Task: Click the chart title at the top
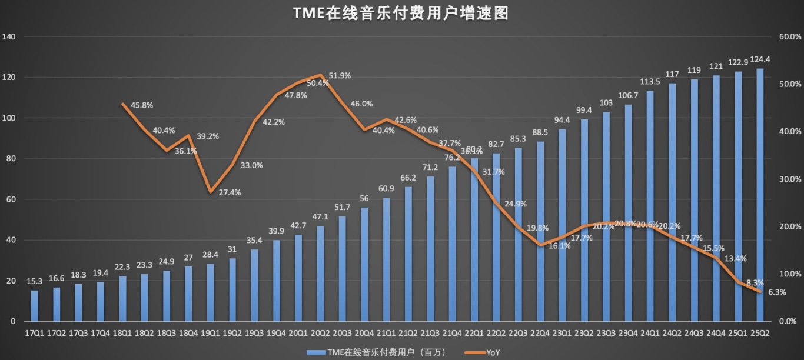click(x=401, y=14)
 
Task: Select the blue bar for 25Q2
click(x=760, y=195)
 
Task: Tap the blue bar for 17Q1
click(x=34, y=306)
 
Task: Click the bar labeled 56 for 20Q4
click(x=364, y=264)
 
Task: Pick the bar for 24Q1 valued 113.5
click(x=650, y=206)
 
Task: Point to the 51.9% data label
click(x=340, y=75)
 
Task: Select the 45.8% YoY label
click(x=141, y=105)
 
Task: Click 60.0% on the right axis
click(x=790, y=36)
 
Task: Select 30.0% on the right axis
click(x=790, y=179)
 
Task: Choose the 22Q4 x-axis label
click(x=540, y=333)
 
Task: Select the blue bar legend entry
click(x=365, y=352)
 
